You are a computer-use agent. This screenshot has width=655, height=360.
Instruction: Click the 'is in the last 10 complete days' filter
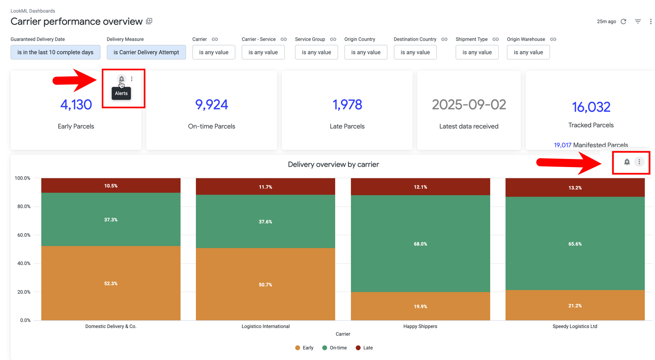(55, 52)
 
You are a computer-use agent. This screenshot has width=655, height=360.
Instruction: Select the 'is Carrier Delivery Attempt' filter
(146, 52)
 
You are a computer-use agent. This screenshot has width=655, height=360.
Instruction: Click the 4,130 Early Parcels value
(76, 105)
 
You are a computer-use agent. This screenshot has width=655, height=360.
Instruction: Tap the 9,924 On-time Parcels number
(212, 105)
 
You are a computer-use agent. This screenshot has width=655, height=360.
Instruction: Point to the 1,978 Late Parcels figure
(347, 105)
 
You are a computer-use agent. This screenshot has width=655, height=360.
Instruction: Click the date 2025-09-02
(469, 105)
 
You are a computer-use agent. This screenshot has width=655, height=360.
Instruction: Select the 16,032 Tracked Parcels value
(591, 107)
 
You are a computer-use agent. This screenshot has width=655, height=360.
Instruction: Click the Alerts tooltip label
(121, 93)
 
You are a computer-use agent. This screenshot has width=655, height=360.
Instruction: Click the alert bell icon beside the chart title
(627, 162)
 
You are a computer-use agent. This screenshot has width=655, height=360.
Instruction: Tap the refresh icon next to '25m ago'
(624, 21)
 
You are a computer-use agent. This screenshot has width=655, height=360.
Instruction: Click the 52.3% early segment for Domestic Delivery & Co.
(111, 283)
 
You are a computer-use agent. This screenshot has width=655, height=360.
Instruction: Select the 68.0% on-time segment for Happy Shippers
(420, 244)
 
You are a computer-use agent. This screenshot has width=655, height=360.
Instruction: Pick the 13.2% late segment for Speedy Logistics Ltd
(575, 188)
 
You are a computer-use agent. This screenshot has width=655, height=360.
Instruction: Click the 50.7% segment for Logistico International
(265, 285)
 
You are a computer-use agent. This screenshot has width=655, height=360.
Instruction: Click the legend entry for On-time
(335, 348)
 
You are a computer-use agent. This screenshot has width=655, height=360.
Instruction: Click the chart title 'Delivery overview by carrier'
(333, 164)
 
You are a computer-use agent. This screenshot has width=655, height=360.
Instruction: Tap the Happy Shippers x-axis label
(420, 327)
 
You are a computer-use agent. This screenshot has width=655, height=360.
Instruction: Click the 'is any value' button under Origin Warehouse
(528, 52)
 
